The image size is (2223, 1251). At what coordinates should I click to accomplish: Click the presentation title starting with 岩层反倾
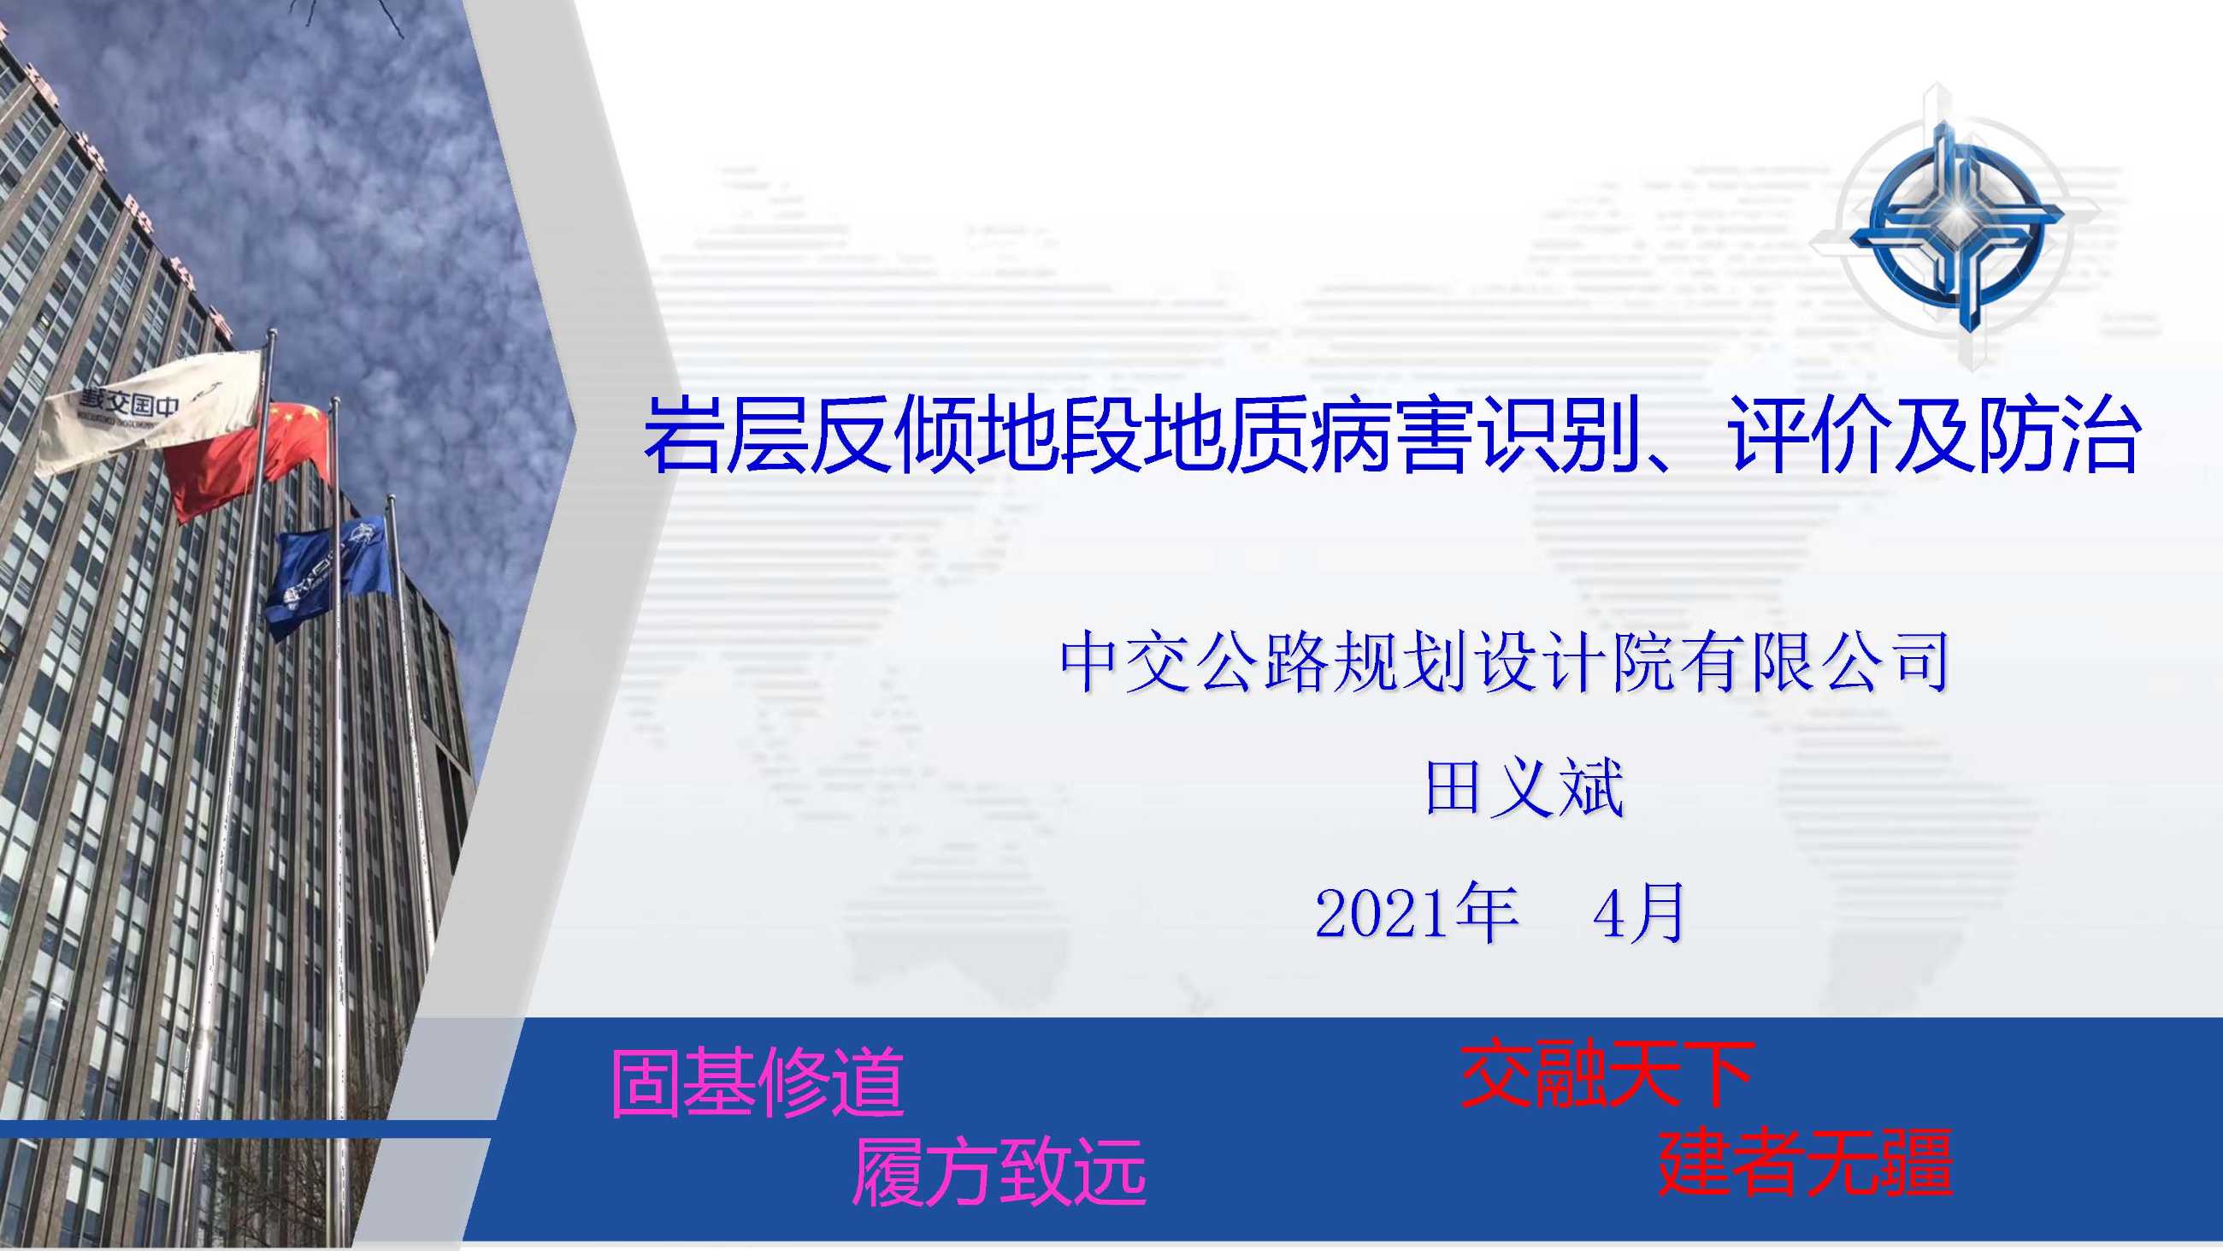pyautogui.click(x=1390, y=435)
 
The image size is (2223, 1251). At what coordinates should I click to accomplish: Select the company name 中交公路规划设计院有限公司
pyautogui.click(x=1504, y=663)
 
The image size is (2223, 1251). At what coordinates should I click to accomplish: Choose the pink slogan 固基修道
pyautogui.click(x=757, y=1082)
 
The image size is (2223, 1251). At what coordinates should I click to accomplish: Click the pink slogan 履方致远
pyautogui.click(x=999, y=1171)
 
